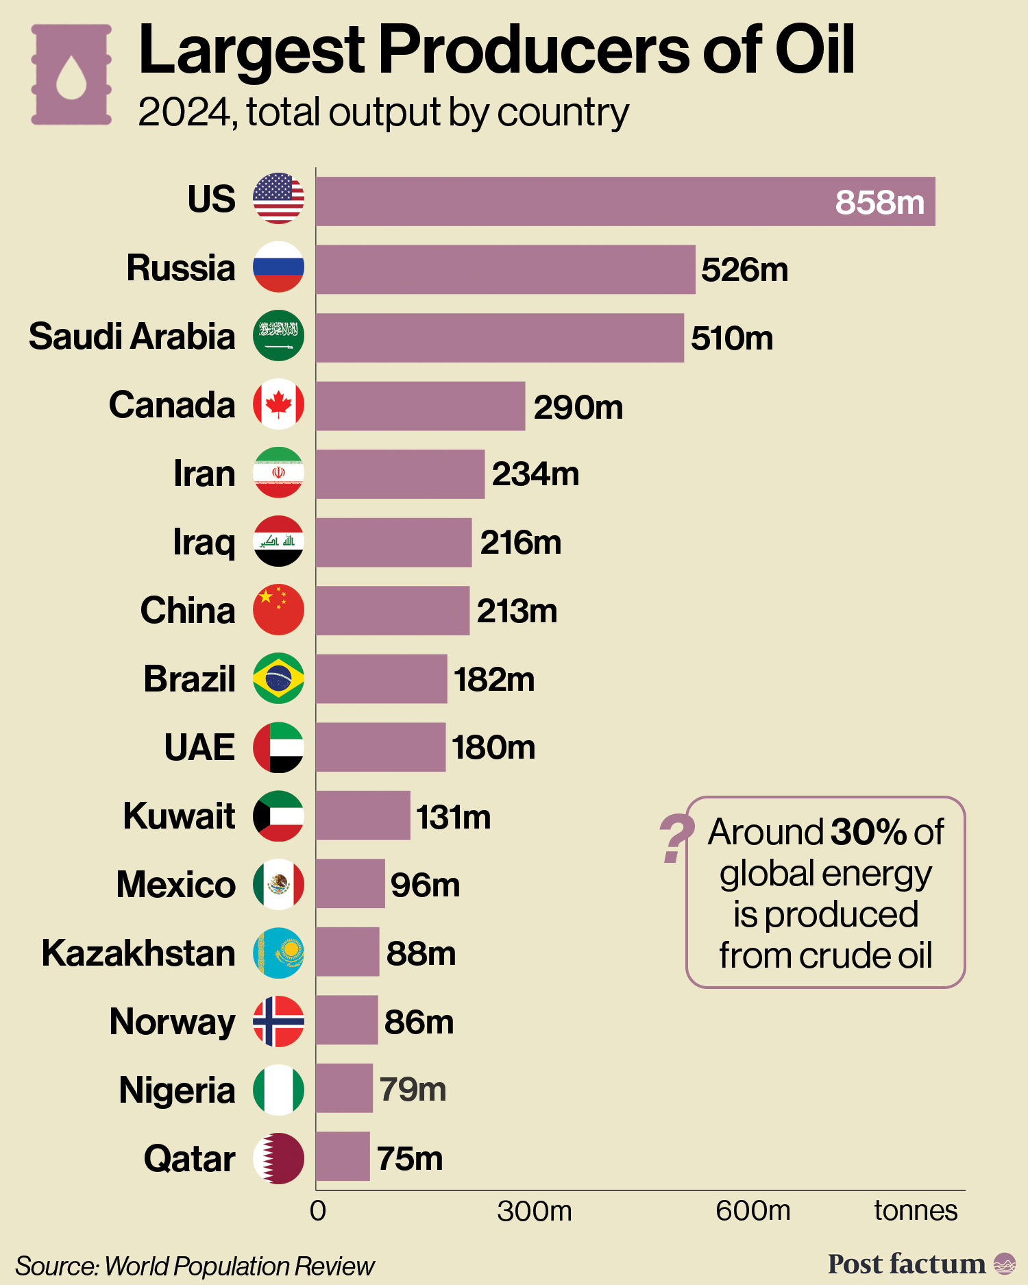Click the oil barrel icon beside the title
coord(71,75)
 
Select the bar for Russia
coord(505,269)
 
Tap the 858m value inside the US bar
coord(879,202)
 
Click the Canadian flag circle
coord(278,404)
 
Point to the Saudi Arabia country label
coord(132,336)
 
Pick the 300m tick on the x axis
coord(534,1211)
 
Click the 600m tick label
coord(752,1211)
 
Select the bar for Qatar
coord(343,1156)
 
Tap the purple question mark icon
coord(675,837)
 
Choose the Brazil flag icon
coord(278,678)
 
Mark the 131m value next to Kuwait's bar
coord(453,817)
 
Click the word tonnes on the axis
coord(915,1211)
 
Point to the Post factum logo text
coord(906,1263)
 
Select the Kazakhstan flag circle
coord(278,953)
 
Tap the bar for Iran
coord(400,474)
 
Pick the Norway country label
coord(172,1022)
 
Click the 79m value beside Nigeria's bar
coord(413,1089)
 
